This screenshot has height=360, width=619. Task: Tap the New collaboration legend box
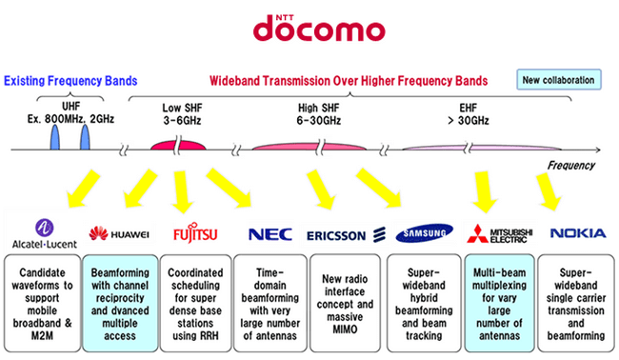tap(559, 79)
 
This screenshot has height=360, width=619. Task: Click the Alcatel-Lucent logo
tap(43, 231)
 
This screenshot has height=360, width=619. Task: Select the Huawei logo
tap(119, 233)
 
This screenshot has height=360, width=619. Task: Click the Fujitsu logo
tap(194, 233)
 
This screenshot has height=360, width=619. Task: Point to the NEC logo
tap(270, 233)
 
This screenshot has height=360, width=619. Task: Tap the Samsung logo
tap(424, 233)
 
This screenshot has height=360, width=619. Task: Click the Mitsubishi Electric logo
tap(498, 233)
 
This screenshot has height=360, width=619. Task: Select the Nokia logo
tap(575, 232)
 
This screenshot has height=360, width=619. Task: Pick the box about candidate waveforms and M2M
tap(43, 301)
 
